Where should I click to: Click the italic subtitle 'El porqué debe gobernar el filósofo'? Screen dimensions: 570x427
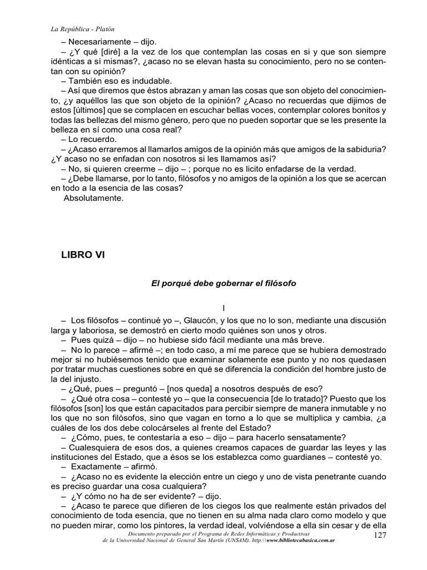[224, 283]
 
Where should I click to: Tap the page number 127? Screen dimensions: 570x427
[379, 550]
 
